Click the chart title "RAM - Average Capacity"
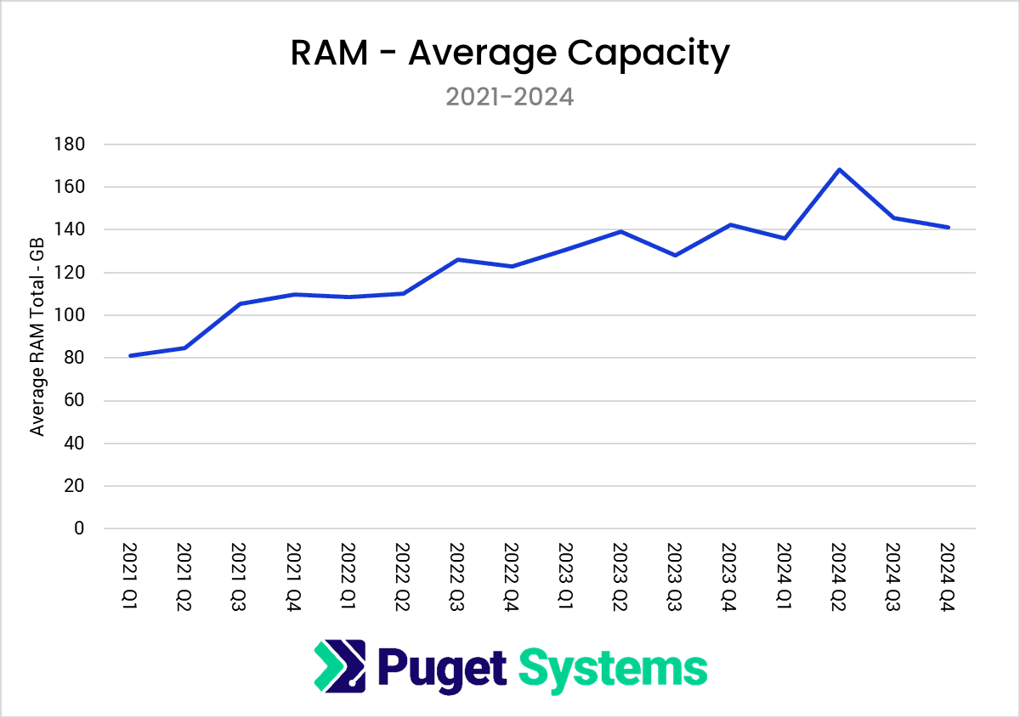(510, 54)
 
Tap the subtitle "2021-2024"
(510, 97)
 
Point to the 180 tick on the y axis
(73, 144)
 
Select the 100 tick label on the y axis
(73, 315)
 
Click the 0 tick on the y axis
(80, 529)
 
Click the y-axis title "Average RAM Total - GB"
(37, 336)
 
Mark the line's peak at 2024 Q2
(839, 169)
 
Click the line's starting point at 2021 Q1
(130, 355)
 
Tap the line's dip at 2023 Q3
(675, 255)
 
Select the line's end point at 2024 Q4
(948, 227)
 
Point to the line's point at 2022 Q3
(457, 259)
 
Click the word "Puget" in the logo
(441, 668)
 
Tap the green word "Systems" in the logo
(612, 668)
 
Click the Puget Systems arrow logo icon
(339, 666)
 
